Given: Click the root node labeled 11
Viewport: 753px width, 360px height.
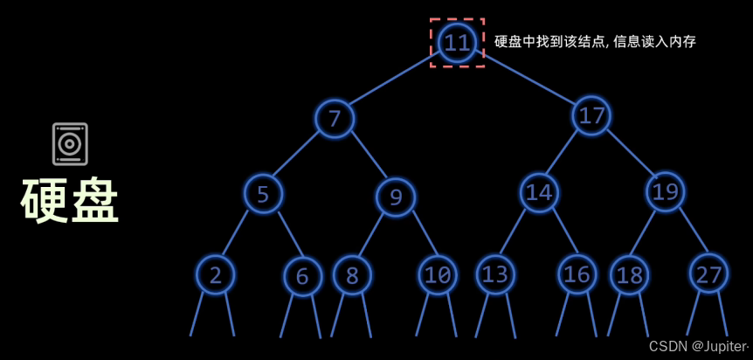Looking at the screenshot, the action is pyautogui.click(x=457, y=42).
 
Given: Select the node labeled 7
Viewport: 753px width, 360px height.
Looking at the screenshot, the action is pyautogui.click(x=335, y=118).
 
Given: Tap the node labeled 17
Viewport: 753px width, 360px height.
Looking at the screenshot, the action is pyautogui.click(x=591, y=115).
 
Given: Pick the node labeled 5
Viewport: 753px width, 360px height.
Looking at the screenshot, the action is pyautogui.click(x=263, y=193).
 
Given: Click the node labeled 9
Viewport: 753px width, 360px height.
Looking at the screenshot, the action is pyautogui.click(x=396, y=197).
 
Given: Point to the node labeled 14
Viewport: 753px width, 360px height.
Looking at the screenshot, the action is pyautogui.click(x=539, y=192).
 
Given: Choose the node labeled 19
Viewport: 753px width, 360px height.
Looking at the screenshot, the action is pyautogui.click(x=665, y=191).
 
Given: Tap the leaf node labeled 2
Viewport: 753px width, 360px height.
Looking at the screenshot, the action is pyautogui.click(x=215, y=275).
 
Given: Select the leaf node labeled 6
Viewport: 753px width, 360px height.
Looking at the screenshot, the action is pyautogui.click(x=302, y=276).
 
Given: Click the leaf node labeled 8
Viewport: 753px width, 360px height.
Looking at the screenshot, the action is pyautogui.click(x=352, y=275).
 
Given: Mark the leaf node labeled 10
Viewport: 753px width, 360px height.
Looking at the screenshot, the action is pyautogui.click(x=437, y=275).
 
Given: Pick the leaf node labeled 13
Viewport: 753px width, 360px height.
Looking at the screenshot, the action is pyautogui.click(x=495, y=274).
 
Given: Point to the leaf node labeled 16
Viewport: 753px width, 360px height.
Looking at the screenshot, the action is pyautogui.click(x=577, y=274).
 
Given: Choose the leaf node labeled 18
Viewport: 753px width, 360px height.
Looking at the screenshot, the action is pyautogui.click(x=629, y=274).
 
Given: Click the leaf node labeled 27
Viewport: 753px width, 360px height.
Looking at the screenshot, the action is pyautogui.click(x=708, y=274).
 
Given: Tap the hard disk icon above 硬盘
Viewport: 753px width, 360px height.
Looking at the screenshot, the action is pyautogui.click(x=70, y=144).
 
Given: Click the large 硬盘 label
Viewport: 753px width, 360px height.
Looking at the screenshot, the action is pyautogui.click(x=70, y=202).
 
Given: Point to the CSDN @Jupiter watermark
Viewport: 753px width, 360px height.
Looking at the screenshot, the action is pyautogui.click(x=698, y=346).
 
